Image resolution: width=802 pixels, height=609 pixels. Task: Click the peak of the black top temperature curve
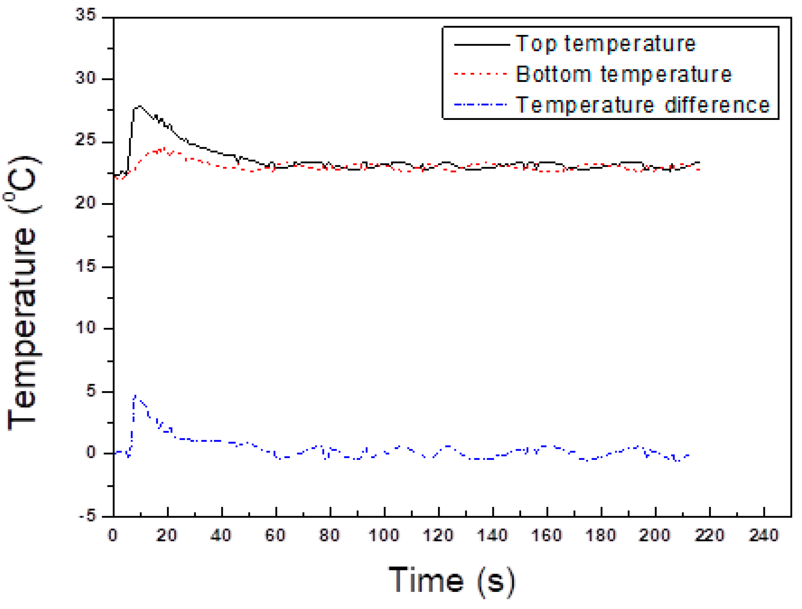(140, 106)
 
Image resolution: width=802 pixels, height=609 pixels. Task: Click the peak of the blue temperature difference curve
(136, 396)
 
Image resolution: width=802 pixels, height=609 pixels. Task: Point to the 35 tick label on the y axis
(86, 15)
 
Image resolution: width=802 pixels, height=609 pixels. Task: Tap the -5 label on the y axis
(87, 516)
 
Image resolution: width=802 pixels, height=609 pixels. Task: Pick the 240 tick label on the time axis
(763, 535)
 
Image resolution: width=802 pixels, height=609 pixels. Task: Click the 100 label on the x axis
(384, 535)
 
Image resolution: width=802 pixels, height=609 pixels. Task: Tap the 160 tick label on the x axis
(547, 535)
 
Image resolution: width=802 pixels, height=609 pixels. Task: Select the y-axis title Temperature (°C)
(23, 292)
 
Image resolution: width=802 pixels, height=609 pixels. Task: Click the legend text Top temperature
(605, 43)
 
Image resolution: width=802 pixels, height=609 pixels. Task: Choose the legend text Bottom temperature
(624, 74)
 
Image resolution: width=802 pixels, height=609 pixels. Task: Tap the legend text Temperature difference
(643, 105)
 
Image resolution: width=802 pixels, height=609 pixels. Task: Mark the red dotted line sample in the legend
(481, 74)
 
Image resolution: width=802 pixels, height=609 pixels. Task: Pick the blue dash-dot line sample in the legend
(481, 104)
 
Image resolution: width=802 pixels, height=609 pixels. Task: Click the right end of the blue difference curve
(688, 455)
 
